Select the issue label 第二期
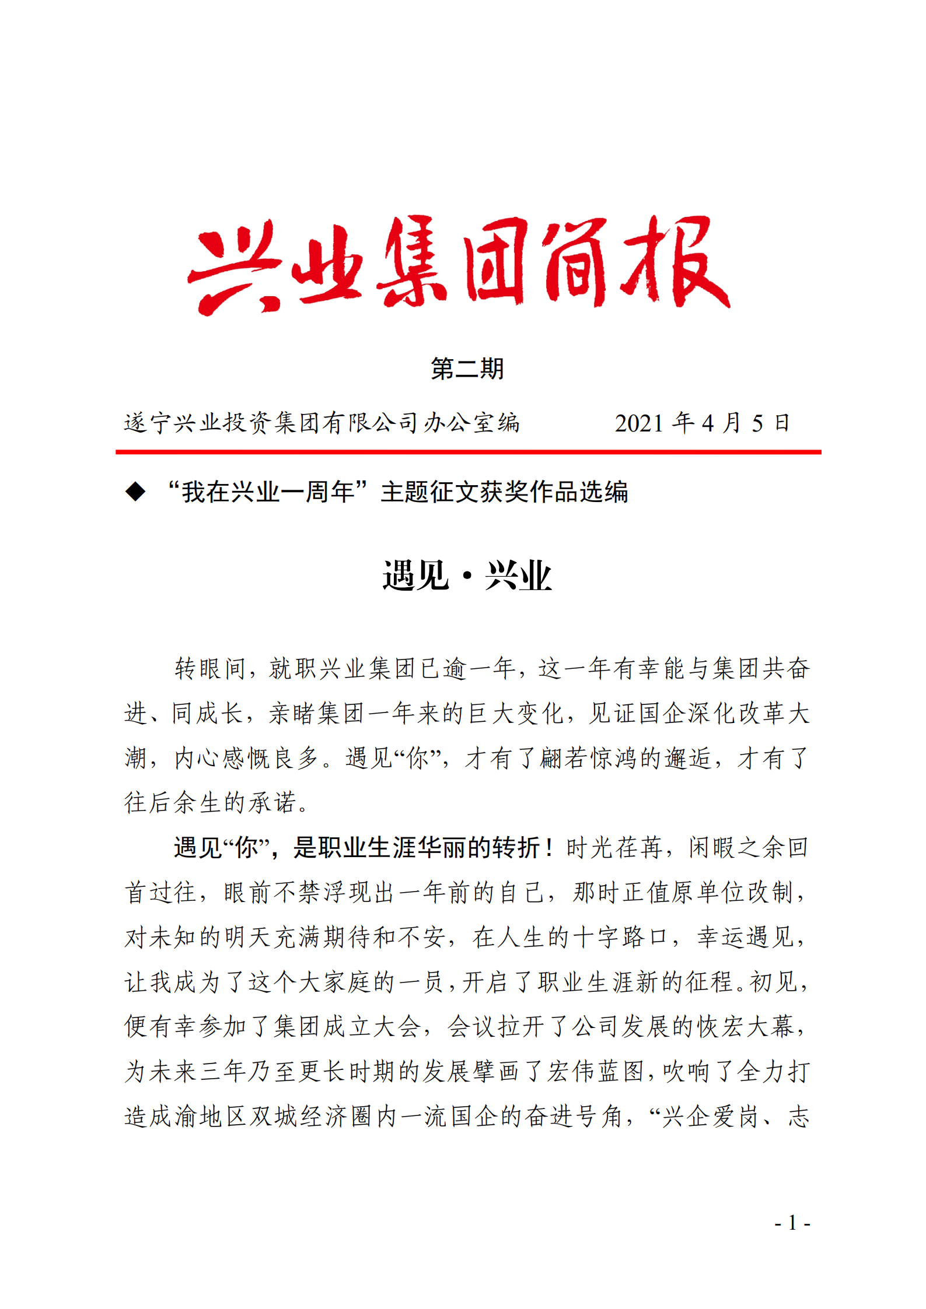pos(467,369)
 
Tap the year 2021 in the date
pos(638,423)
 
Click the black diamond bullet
pos(135,492)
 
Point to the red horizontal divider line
pos(468,452)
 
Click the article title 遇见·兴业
pos(467,576)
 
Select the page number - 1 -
pos(792,1222)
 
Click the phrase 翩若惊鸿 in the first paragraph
pos(588,758)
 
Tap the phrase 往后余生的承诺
pos(210,803)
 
